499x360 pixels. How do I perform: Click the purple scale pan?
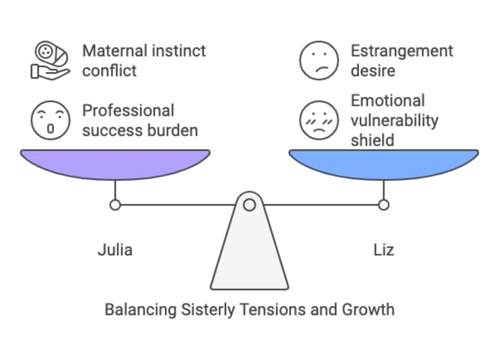[x=115, y=162]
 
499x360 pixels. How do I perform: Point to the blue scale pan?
[x=383, y=162]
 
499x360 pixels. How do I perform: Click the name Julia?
[x=115, y=250]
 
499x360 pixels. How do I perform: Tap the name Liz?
[x=383, y=250]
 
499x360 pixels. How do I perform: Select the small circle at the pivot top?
[x=249, y=204]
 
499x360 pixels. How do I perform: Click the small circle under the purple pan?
[x=115, y=205]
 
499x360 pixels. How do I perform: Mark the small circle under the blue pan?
[x=383, y=205]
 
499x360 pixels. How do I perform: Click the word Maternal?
[x=113, y=51]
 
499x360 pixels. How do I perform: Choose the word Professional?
[x=128, y=110]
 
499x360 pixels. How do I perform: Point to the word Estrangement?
[x=402, y=51]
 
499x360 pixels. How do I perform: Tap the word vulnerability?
[x=395, y=120]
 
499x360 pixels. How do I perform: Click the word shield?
[x=372, y=139]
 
